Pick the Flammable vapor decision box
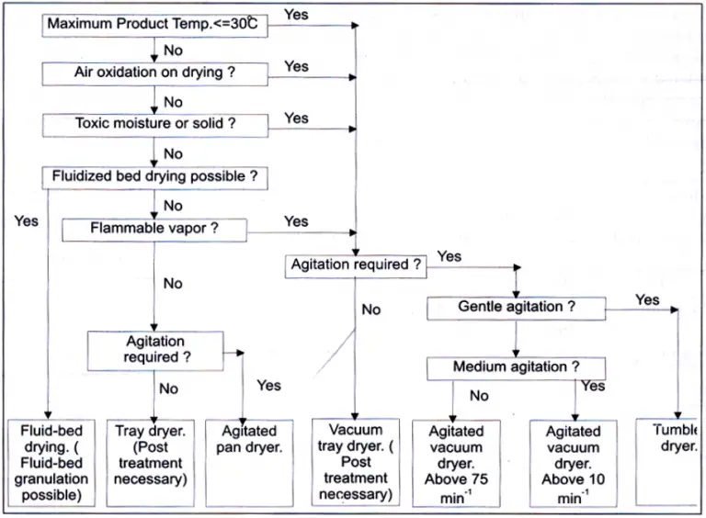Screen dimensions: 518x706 (154, 228)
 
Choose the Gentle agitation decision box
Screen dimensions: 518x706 (516, 307)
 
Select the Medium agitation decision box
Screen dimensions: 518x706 (516, 367)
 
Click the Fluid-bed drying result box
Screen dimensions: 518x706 (48, 462)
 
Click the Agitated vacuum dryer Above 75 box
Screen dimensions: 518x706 (457, 463)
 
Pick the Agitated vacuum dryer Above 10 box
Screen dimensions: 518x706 (574, 463)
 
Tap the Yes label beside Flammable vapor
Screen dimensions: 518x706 (296, 221)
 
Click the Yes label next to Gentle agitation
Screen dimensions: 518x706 (647, 300)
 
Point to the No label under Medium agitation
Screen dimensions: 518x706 (479, 396)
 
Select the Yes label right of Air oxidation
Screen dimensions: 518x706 (296, 66)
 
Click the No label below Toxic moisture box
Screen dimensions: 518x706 (173, 153)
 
